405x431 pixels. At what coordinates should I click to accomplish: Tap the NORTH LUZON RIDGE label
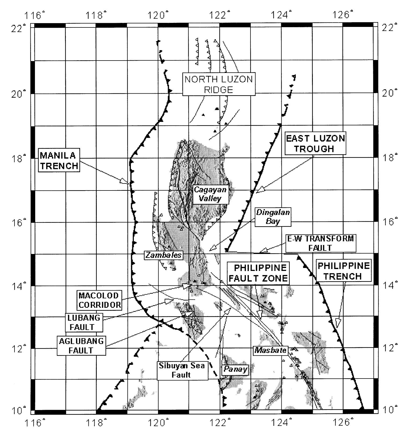(x=218, y=84)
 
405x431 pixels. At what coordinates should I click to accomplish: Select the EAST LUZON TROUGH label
(x=315, y=143)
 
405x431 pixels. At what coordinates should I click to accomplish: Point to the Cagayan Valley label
(x=210, y=194)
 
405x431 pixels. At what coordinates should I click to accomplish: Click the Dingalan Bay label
(x=273, y=217)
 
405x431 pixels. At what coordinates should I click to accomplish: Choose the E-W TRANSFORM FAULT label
(x=320, y=243)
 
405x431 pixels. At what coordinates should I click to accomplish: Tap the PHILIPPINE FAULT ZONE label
(x=258, y=273)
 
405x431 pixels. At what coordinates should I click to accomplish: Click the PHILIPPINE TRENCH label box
(x=343, y=271)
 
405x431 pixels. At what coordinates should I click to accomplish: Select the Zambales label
(x=164, y=255)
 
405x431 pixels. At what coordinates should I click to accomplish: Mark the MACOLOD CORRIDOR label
(x=99, y=300)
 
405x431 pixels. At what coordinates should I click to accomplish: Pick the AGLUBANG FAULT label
(x=81, y=345)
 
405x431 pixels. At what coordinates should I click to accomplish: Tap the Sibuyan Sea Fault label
(x=182, y=370)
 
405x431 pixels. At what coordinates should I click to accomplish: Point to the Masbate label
(x=270, y=350)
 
